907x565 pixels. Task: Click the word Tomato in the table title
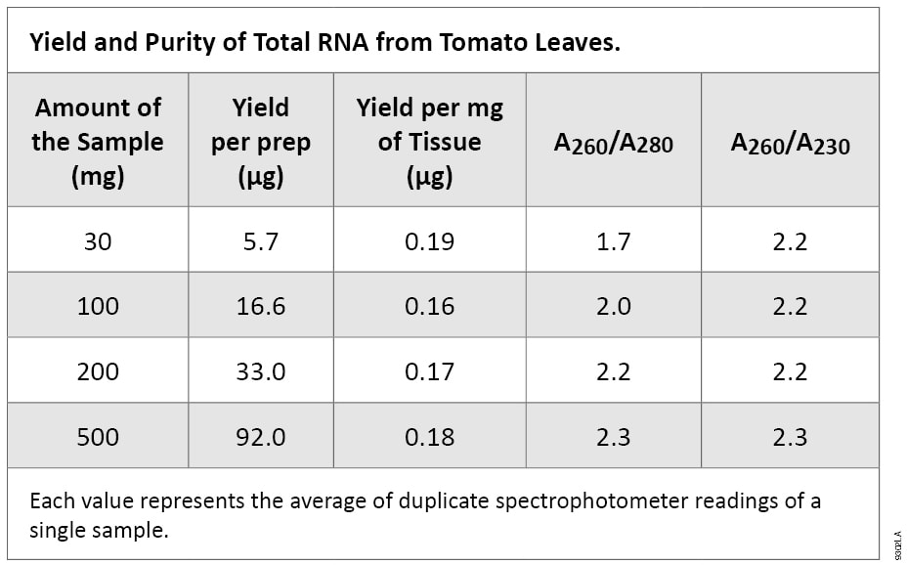(x=467, y=43)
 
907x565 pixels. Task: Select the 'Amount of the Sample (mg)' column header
(x=98, y=142)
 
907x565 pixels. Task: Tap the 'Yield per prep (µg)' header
(x=260, y=142)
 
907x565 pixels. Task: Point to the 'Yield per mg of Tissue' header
(x=429, y=142)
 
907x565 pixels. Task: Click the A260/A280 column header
(x=613, y=144)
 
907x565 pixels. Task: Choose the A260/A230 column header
(x=790, y=144)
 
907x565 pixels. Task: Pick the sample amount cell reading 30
(x=98, y=240)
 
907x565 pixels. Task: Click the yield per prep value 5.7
(x=260, y=240)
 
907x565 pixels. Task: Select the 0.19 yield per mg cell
(x=429, y=240)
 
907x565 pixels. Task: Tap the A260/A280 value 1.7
(x=613, y=240)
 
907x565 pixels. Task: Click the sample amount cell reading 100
(x=98, y=306)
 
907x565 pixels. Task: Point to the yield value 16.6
(x=260, y=306)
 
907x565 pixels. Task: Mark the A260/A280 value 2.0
(x=613, y=306)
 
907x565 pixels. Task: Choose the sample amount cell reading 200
(x=98, y=371)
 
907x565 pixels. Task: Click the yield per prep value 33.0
(x=260, y=371)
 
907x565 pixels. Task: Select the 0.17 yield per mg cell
(x=429, y=371)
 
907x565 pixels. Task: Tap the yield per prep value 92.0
(x=260, y=436)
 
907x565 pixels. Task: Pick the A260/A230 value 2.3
(x=790, y=436)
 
